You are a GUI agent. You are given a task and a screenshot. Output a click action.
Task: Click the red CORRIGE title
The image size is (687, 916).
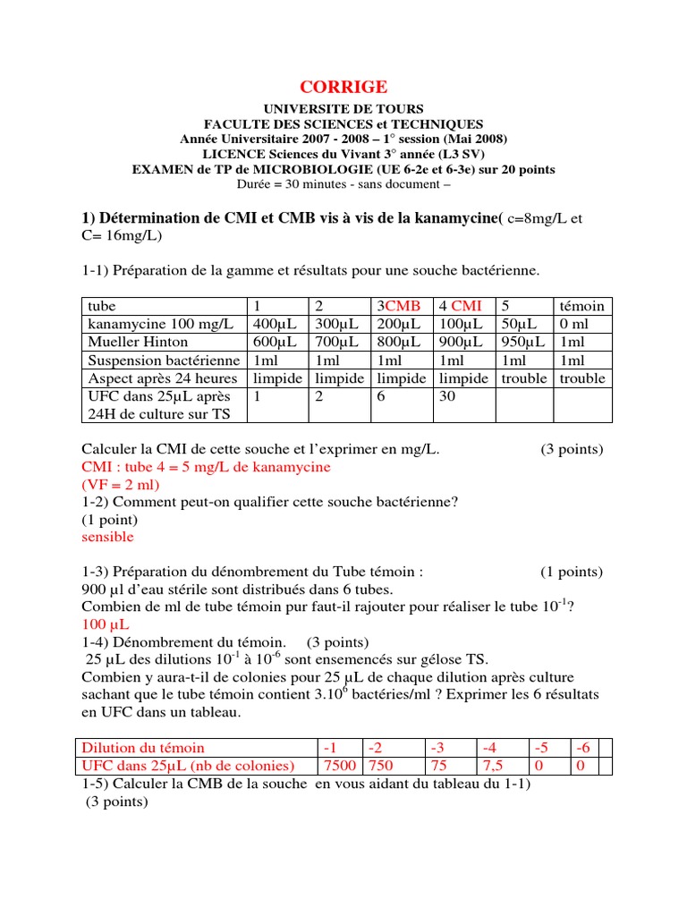pyautogui.click(x=343, y=87)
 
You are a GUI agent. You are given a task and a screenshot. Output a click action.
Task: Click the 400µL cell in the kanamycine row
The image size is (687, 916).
pyautogui.click(x=270, y=323)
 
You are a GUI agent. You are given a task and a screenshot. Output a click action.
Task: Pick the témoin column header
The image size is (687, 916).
pyautogui.click(x=581, y=305)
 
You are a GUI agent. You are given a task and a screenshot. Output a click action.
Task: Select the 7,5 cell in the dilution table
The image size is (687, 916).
pyautogui.click(x=494, y=766)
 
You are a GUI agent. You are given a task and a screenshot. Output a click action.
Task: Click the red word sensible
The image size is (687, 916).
pyautogui.click(x=107, y=537)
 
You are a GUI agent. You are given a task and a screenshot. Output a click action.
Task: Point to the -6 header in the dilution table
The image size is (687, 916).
pyautogui.click(x=581, y=748)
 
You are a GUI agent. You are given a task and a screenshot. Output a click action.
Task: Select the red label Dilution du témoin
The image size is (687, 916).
pyautogui.click(x=143, y=748)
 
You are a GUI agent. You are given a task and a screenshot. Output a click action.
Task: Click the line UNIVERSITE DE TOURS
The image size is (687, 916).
pyautogui.click(x=343, y=109)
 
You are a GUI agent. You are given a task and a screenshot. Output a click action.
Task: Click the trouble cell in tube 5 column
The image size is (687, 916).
pyautogui.click(x=523, y=378)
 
